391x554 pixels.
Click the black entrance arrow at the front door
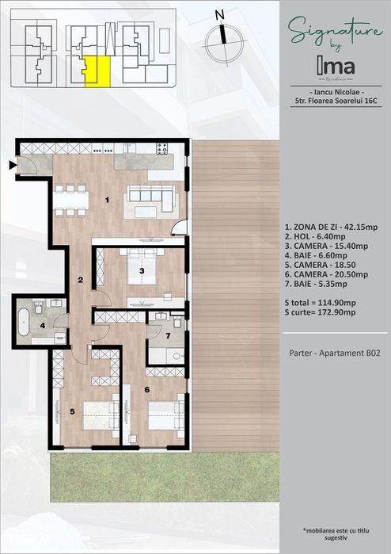click(x=12, y=165)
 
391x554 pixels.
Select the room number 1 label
click(x=108, y=200)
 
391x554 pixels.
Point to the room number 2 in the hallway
click(x=80, y=279)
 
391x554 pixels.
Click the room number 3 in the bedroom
click(x=141, y=271)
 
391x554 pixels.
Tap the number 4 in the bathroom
click(x=43, y=326)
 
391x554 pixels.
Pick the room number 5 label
click(x=72, y=411)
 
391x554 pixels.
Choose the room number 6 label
click(x=146, y=389)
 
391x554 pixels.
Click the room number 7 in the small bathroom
click(x=168, y=335)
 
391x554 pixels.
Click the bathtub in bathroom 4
click(x=25, y=322)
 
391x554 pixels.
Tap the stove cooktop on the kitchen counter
click(x=162, y=148)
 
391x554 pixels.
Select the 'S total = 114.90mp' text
click(x=320, y=303)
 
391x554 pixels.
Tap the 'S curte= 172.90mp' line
click(x=320, y=313)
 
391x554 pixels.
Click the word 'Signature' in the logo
click(x=331, y=32)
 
